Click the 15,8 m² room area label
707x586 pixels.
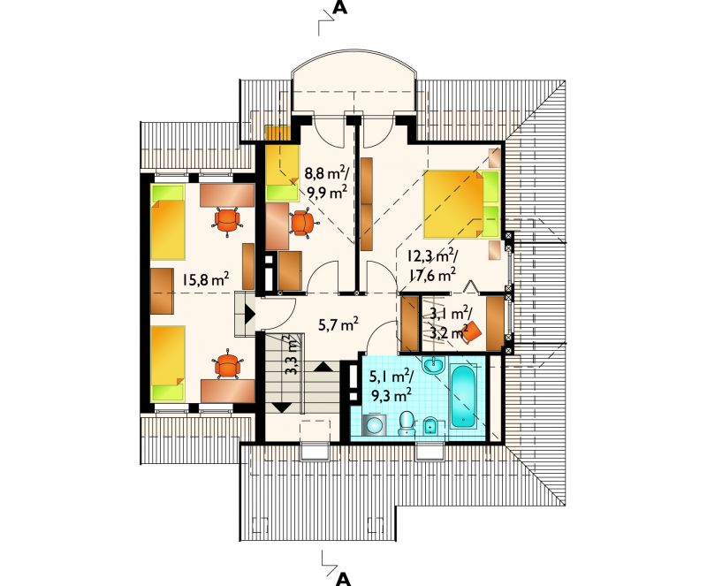click(206, 278)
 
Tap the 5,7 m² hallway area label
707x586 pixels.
click(338, 323)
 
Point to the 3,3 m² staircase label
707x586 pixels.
click(293, 355)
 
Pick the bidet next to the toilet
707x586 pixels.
click(431, 424)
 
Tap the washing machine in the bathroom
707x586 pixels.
click(374, 425)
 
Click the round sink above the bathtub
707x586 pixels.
click(434, 364)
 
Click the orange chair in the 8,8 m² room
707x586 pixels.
click(302, 223)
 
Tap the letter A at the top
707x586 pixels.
click(340, 7)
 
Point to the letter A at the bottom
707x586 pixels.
click(344, 579)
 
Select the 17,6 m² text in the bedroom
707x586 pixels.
click(432, 275)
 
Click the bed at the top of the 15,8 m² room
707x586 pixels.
click(168, 222)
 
